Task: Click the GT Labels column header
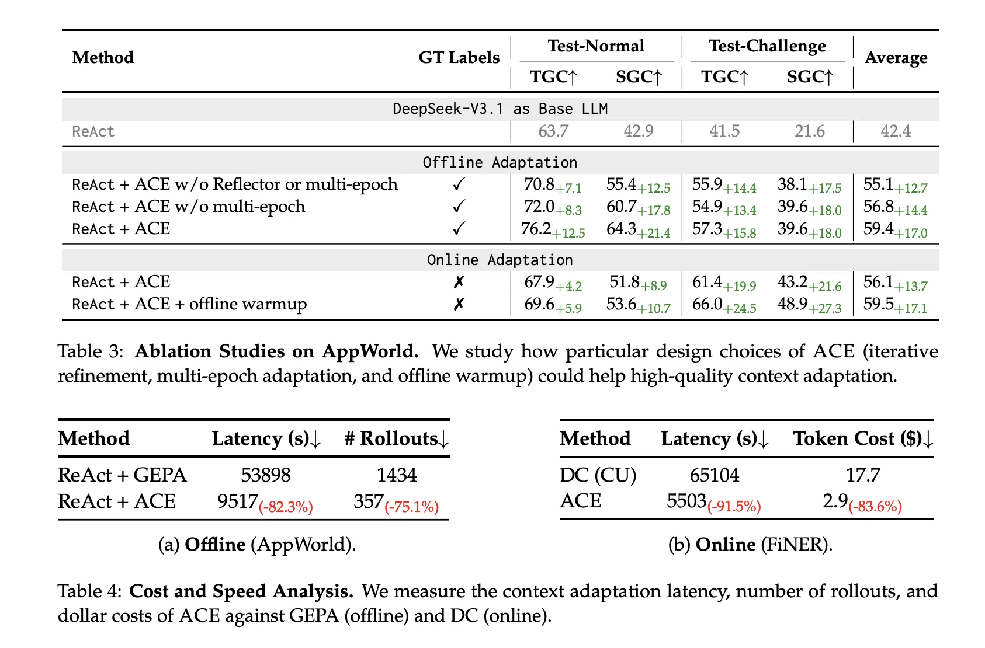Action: pyautogui.click(x=459, y=57)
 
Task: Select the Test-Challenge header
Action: pyautogui.click(x=767, y=46)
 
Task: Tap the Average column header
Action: pyautogui.click(x=896, y=57)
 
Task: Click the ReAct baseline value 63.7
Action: pyautogui.click(x=553, y=131)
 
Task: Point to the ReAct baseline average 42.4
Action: pyautogui.click(x=895, y=131)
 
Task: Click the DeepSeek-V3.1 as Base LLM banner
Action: pyautogui.click(x=500, y=109)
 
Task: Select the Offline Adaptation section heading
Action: pyautogui.click(x=500, y=162)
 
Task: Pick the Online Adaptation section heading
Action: pyautogui.click(x=500, y=260)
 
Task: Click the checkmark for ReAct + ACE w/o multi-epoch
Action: pyautogui.click(x=459, y=207)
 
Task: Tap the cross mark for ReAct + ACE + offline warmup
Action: pyautogui.click(x=459, y=304)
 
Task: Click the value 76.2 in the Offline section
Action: pyautogui.click(x=536, y=228)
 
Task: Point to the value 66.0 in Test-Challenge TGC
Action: pyautogui.click(x=707, y=304)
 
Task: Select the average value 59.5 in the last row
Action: pyautogui.click(x=878, y=304)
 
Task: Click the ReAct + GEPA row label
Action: pyautogui.click(x=122, y=475)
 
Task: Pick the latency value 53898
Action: pyautogui.click(x=266, y=475)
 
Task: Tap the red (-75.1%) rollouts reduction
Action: pyautogui.click(x=411, y=507)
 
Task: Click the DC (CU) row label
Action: pyautogui.click(x=598, y=475)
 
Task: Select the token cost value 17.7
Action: pyautogui.click(x=863, y=475)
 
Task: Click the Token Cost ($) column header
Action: pyautogui.click(x=863, y=438)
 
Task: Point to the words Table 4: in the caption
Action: pyautogui.click(x=89, y=591)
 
